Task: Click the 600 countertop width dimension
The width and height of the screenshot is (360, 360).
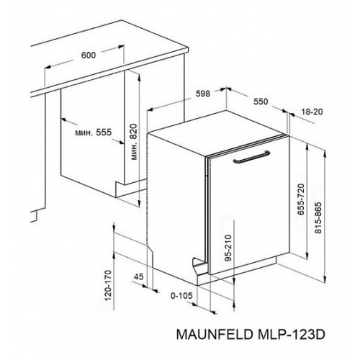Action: [89, 55]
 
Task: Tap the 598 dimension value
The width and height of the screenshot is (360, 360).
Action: [203, 94]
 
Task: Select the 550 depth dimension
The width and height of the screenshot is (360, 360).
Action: [261, 102]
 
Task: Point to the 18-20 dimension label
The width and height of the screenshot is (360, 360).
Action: [311, 112]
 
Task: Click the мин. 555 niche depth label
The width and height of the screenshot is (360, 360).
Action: [94, 132]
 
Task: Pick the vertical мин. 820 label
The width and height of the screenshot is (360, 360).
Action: [134, 142]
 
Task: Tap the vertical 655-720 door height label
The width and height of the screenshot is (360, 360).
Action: [300, 199]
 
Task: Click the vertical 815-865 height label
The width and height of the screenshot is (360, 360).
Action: [318, 218]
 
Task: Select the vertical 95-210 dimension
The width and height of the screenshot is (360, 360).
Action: [228, 248]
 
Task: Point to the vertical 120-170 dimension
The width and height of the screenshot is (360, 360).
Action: [108, 285]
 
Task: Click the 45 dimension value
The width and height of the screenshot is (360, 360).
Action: [138, 276]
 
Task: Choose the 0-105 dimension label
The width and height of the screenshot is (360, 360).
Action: [181, 295]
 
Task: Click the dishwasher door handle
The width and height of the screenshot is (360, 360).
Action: [251, 157]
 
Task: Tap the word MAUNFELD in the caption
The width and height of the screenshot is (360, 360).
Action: [215, 334]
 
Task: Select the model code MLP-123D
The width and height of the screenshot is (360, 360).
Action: [292, 334]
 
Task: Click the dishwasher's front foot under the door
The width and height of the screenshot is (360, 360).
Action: [199, 266]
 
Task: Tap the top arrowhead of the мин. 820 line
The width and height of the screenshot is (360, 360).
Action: [139, 75]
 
